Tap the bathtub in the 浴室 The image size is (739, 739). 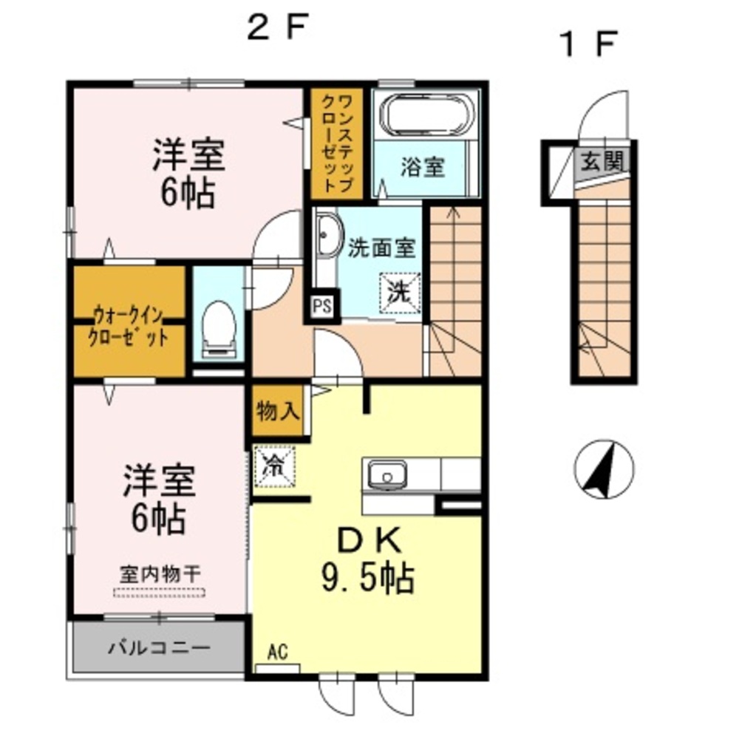(426, 115)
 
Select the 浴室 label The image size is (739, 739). (423, 167)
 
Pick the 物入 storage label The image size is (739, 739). (278, 412)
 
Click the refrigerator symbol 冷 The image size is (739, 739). (273, 466)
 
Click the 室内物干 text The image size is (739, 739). (158, 573)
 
